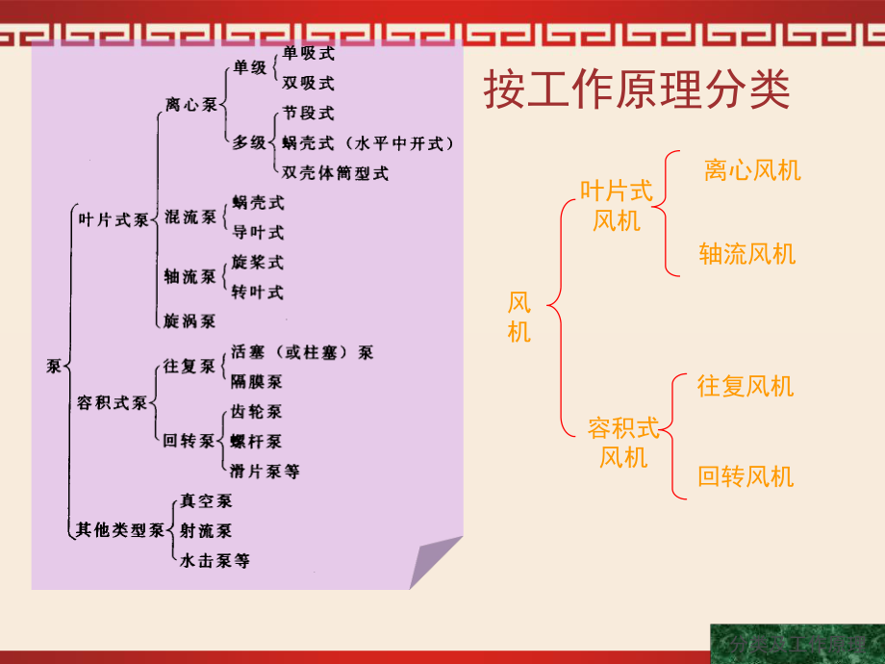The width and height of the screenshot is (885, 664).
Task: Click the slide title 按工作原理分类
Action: coord(636,92)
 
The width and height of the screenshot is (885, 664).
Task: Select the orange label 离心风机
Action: coord(752,171)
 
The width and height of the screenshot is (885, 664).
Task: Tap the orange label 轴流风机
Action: coord(747,255)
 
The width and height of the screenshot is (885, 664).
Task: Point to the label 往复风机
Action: coord(746,387)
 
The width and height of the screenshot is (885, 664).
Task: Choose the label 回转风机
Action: coord(746,476)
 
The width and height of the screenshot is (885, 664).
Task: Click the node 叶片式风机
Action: coord(617,206)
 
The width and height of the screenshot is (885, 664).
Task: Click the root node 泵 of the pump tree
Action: coord(54,366)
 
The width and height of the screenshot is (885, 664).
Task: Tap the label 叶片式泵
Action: coord(113,219)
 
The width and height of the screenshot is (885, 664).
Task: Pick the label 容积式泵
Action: coord(113,403)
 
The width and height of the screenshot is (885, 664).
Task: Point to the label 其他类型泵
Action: coord(119,528)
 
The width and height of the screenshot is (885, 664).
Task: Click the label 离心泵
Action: coord(191,104)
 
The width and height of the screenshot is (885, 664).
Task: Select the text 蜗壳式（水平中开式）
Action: coord(367,143)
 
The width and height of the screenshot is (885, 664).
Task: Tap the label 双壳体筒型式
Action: coord(336,173)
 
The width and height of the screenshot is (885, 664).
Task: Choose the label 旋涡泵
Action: coord(190,320)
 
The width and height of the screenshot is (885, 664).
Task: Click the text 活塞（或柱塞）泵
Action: coord(302,352)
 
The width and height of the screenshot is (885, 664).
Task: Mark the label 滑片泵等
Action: coord(265,472)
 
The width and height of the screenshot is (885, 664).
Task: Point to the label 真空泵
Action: coord(206,500)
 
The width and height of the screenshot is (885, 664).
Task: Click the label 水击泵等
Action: coord(215,560)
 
